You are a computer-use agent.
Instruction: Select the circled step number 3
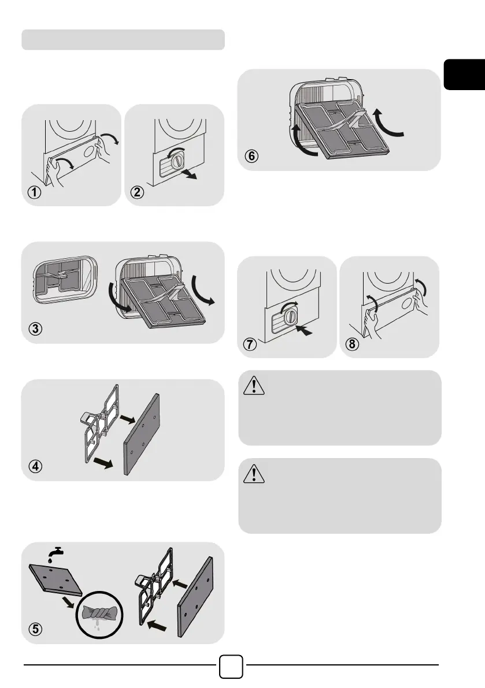[36, 330]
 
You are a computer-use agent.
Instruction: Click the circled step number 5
[36, 630]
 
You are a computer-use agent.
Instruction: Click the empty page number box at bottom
[231, 666]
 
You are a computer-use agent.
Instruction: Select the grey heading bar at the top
[123, 40]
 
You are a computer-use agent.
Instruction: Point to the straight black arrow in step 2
[187, 174]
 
